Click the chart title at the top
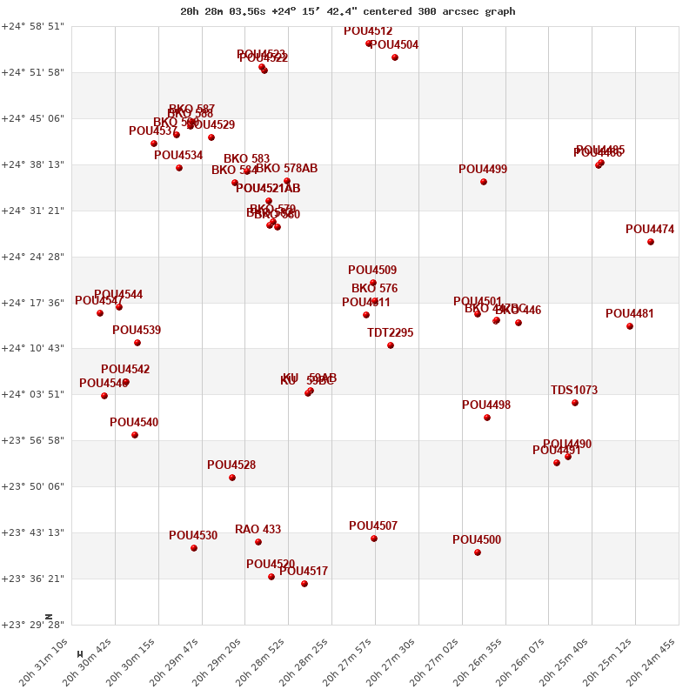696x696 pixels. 347,11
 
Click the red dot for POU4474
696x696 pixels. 651,242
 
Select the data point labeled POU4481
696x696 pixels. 630,326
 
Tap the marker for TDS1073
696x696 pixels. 575,403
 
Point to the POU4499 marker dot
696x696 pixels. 484,182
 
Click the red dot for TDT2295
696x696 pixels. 391,345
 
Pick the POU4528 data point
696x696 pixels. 232,478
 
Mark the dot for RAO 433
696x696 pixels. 258,542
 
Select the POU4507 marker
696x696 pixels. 374,539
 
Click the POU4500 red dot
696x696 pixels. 478,552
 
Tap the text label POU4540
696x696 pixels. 134,422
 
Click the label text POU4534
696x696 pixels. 178,156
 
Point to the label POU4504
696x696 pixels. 394,45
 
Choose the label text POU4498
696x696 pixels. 486,405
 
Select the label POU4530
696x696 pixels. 193,536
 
